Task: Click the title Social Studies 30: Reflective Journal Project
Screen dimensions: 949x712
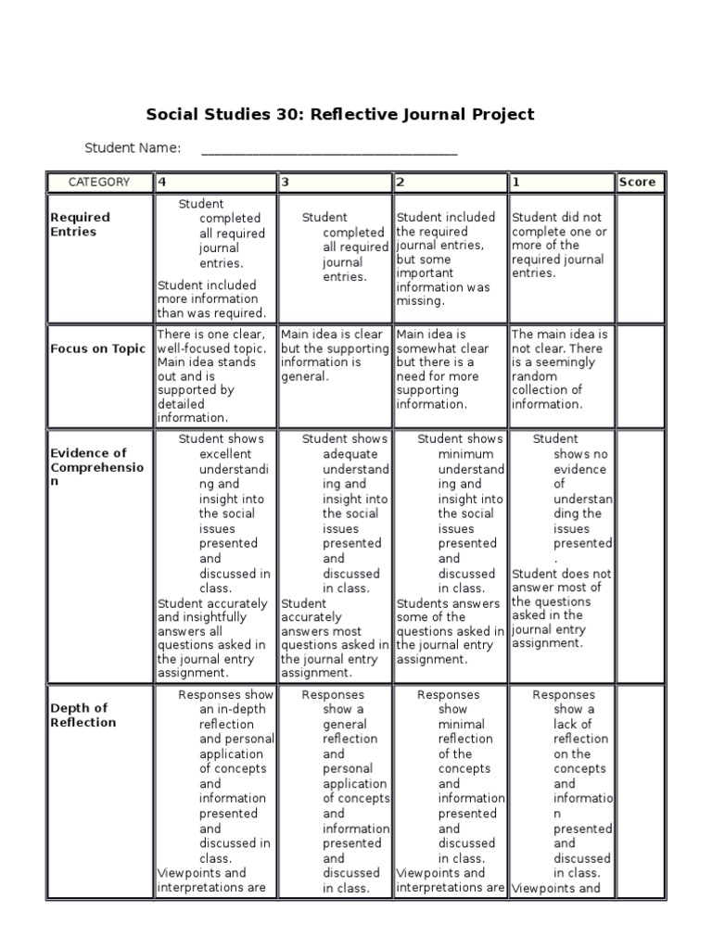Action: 340,115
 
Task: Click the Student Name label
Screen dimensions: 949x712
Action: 133,148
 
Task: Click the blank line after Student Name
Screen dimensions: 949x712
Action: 328,150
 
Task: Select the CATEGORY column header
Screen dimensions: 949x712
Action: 99,183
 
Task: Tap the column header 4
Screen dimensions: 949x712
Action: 163,183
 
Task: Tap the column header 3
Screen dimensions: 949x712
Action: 286,183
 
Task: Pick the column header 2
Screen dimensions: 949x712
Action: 400,183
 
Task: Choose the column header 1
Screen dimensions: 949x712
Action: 515,183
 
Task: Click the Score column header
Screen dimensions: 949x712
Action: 637,183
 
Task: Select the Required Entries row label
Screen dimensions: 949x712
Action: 80,224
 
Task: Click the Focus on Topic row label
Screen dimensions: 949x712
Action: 97,349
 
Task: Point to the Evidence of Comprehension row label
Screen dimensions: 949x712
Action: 97,468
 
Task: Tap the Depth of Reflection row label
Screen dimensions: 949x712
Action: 83,715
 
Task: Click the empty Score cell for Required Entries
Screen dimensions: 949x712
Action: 641,259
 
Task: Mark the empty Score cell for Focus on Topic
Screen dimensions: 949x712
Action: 641,376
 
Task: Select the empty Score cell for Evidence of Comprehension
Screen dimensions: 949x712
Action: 641,556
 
